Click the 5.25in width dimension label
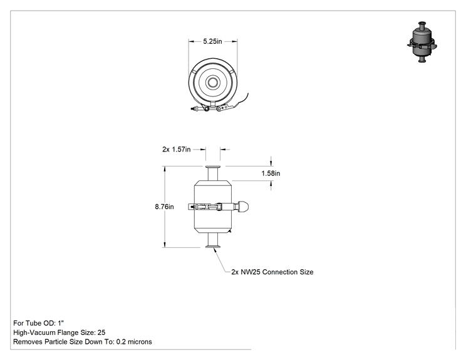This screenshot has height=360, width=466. click(x=212, y=41)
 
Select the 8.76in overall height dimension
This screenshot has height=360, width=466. click(x=164, y=207)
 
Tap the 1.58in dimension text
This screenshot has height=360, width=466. click(x=271, y=173)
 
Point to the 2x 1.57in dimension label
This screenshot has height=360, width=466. click(x=176, y=149)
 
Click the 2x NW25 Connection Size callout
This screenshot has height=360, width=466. click(x=272, y=272)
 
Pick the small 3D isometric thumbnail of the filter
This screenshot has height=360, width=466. click(x=422, y=42)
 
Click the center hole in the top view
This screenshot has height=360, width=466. click(x=213, y=82)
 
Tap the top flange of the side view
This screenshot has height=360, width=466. click(x=213, y=167)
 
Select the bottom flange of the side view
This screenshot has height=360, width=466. click(x=213, y=245)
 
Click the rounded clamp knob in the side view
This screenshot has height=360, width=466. click(x=244, y=207)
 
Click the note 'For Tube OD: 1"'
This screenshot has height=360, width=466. click(x=39, y=323)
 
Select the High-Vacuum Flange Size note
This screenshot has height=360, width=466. click(x=59, y=332)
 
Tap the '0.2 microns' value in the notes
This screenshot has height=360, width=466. click(x=134, y=342)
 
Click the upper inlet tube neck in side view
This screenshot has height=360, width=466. click(x=213, y=174)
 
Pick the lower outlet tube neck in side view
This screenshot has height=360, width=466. click(x=213, y=239)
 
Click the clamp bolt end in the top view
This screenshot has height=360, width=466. click(x=193, y=108)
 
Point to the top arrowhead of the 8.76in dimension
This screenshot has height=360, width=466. click(x=164, y=168)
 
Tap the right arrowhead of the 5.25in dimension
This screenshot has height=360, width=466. click(x=235, y=41)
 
